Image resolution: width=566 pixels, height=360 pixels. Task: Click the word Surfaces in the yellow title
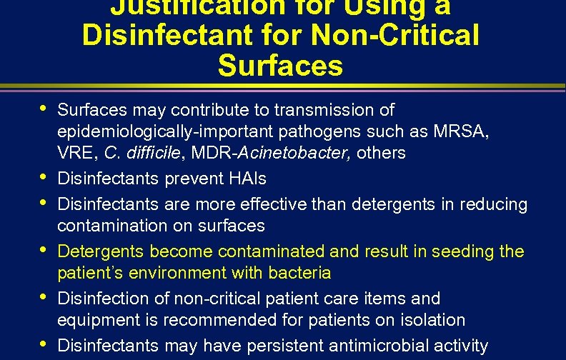pyautogui.click(x=280, y=66)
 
